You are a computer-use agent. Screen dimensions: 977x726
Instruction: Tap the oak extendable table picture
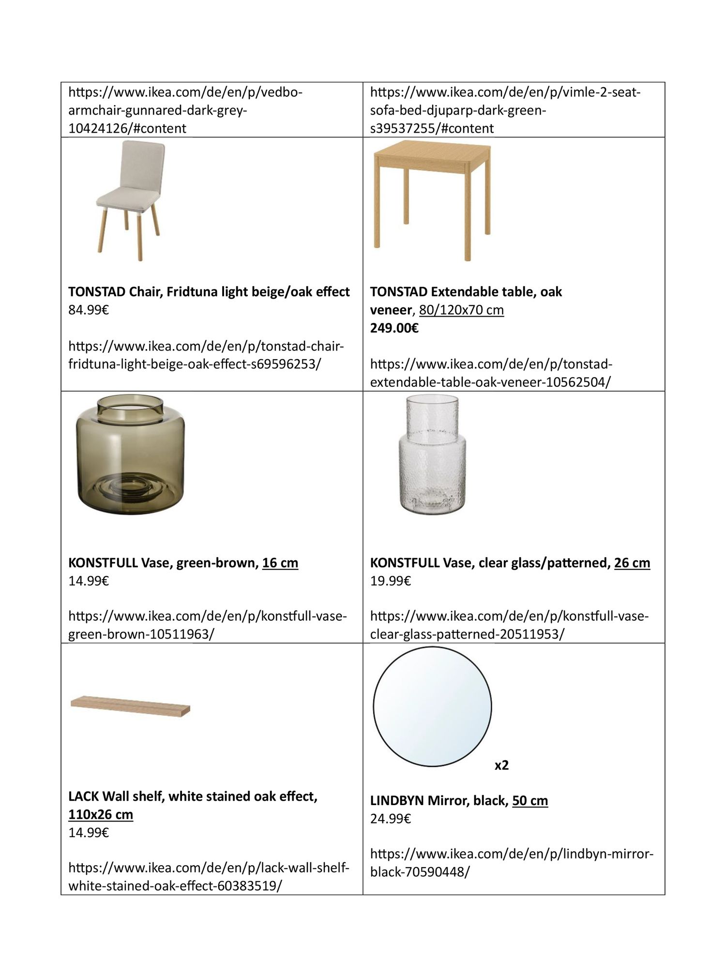(432, 199)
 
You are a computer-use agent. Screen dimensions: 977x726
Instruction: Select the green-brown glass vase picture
(131, 456)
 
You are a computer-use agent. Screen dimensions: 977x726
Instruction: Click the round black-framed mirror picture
(432, 706)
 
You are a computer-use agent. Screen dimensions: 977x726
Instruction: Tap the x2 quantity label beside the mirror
(501, 765)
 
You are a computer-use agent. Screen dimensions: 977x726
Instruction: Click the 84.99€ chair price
(89, 310)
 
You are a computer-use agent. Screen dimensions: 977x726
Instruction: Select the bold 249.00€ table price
(394, 328)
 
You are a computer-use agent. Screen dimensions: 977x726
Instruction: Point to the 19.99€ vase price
(391, 580)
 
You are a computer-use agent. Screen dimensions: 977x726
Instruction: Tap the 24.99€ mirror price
(391, 819)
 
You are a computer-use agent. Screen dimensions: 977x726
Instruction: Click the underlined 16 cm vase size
(280, 563)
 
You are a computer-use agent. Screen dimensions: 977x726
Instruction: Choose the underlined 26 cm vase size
(632, 563)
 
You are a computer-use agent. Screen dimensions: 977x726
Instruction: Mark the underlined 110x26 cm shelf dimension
(101, 814)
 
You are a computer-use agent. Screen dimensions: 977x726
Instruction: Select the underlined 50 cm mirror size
(530, 801)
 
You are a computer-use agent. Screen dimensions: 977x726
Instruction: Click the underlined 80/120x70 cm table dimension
(462, 310)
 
